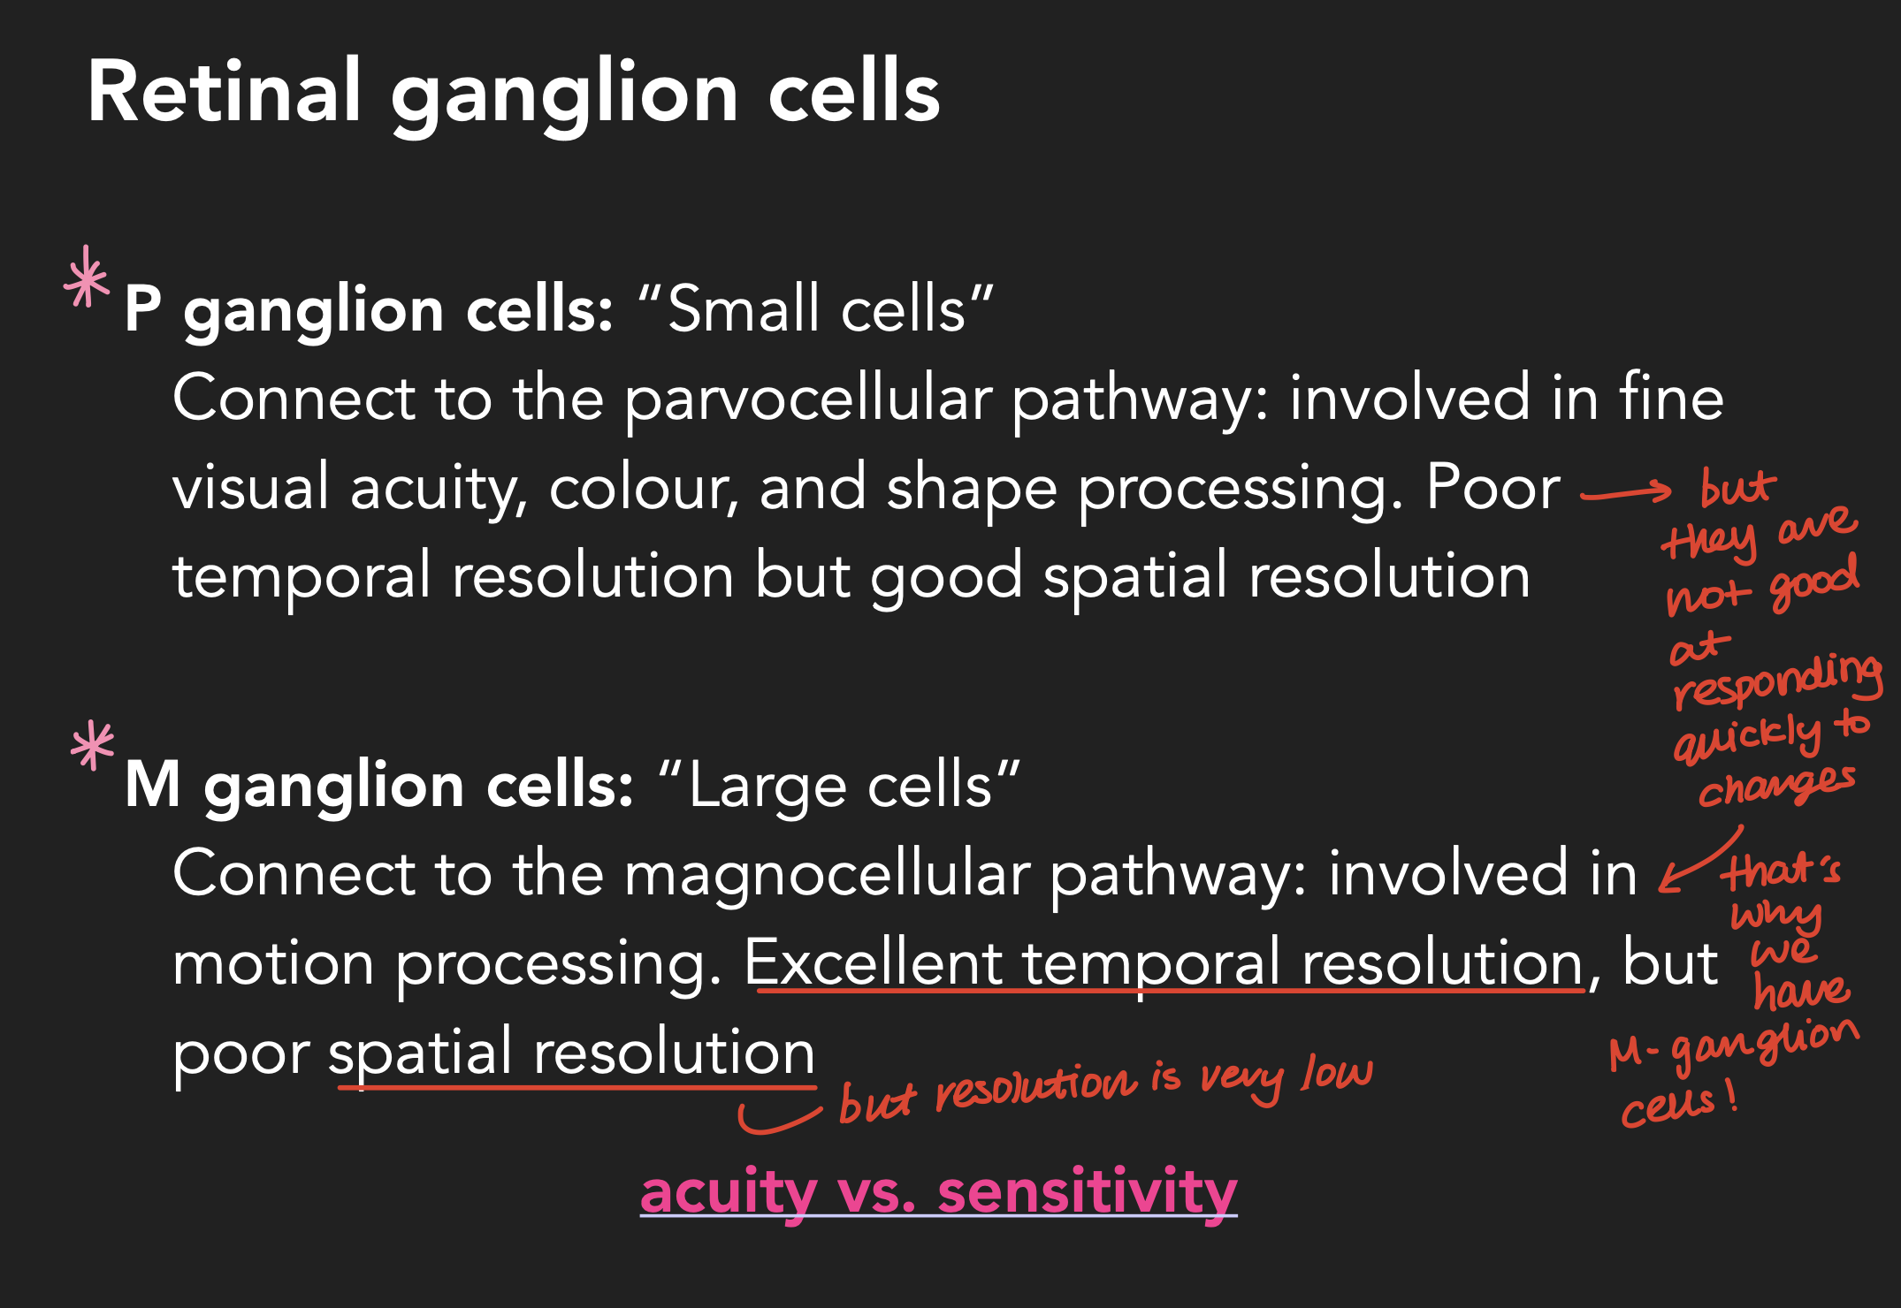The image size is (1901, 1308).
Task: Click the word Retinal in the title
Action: pos(224,92)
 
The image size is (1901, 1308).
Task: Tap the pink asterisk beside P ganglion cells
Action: pos(87,278)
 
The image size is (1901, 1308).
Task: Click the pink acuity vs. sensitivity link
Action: pos(938,1191)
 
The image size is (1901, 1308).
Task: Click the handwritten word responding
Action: pos(1777,681)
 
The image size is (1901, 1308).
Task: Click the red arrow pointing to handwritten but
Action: pos(1625,492)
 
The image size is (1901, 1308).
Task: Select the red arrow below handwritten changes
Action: pos(1699,862)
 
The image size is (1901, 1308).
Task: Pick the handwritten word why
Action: pos(1775,916)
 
